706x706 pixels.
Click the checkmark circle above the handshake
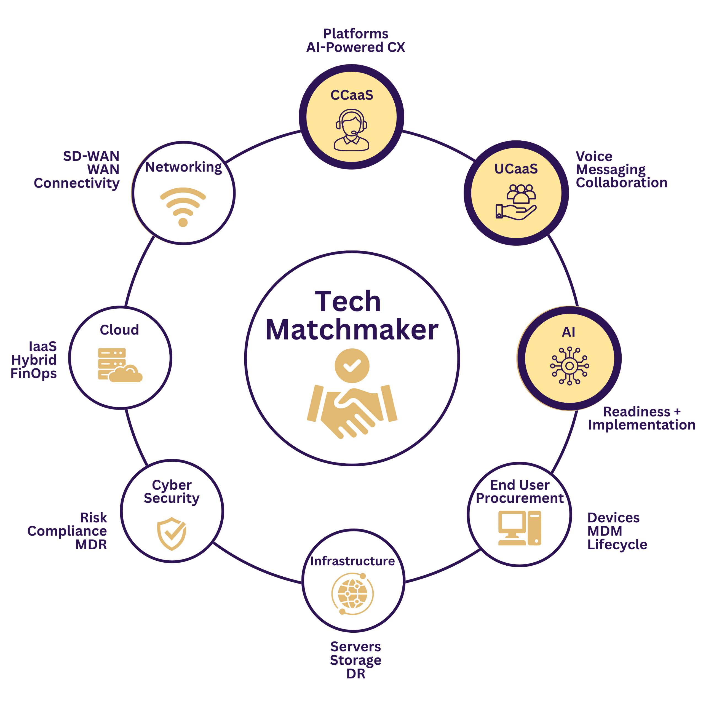click(x=352, y=365)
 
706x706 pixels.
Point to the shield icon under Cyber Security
click(x=171, y=534)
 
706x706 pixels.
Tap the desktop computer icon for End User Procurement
click(x=519, y=528)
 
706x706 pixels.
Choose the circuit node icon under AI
click(x=569, y=366)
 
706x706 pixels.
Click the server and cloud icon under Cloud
click(x=119, y=365)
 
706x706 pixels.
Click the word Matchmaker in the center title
click(x=352, y=330)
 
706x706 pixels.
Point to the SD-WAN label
click(x=91, y=156)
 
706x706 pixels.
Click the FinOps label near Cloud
click(x=34, y=373)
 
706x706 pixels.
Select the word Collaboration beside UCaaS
click(x=622, y=183)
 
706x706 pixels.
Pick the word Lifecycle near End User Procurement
click(x=617, y=544)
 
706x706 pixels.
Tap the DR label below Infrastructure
click(x=355, y=674)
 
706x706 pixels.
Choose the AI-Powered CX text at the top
click(x=355, y=47)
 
